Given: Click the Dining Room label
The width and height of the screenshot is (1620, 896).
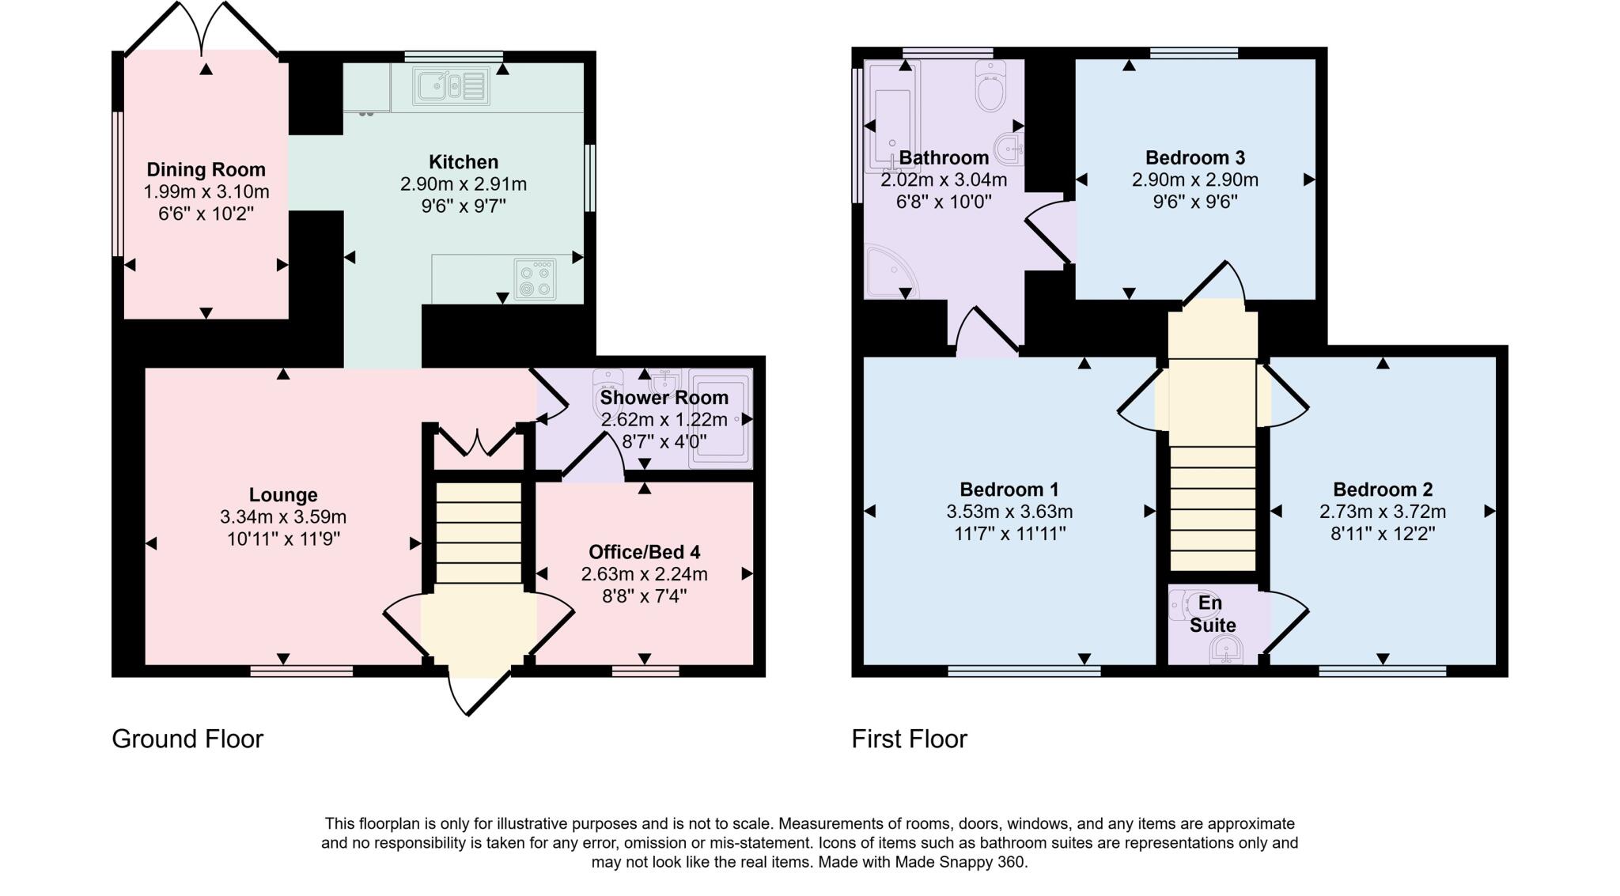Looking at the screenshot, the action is (x=206, y=169).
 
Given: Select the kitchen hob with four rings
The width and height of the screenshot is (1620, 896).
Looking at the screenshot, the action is (x=534, y=280).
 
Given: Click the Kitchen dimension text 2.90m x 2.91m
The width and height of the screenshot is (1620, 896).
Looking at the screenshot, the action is (x=464, y=184).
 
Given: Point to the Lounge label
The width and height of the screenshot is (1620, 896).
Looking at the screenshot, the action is (x=283, y=495).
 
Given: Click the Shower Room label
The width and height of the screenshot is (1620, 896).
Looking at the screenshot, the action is (x=664, y=398).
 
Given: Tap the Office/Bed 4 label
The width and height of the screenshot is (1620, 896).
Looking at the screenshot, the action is (x=644, y=552).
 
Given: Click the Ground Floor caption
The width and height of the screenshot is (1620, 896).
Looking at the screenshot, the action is (x=187, y=739).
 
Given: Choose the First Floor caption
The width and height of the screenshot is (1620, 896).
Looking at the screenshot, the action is (x=909, y=739).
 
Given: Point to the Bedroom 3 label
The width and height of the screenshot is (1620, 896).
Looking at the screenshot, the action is (x=1195, y=157).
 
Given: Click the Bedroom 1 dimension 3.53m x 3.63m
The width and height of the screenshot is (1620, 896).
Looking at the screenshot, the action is (x=1009, y=512).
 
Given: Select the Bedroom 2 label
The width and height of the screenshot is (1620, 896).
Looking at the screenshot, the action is (x=1383, y=490).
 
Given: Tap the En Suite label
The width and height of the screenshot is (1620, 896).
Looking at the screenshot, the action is (x=1212, y=614).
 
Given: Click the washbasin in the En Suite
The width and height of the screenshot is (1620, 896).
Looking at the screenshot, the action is (x=1225, y=652).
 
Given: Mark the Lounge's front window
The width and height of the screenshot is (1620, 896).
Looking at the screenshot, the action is (x=301, y=671).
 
